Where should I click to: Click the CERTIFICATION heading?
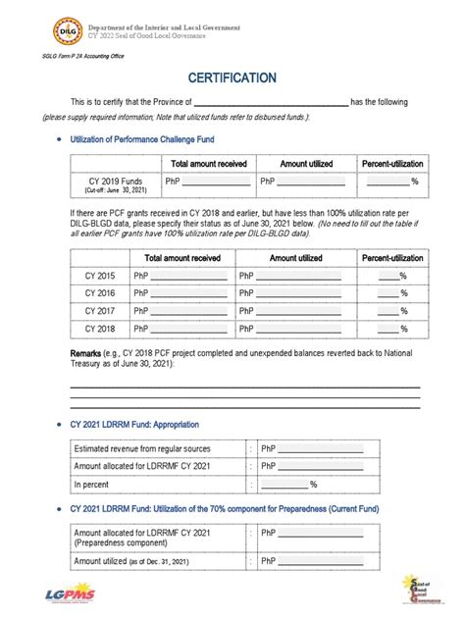pyautogui.click(x=232, y=77)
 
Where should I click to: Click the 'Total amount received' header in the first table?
pyautogui.click(x=209, y=164)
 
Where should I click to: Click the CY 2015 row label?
pyautogui.click(x=99, y=277)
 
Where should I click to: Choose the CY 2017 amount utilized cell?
pyautogui.click(x=289, y=312)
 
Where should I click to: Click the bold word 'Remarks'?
pyautogui.click(x=84, y=353)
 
